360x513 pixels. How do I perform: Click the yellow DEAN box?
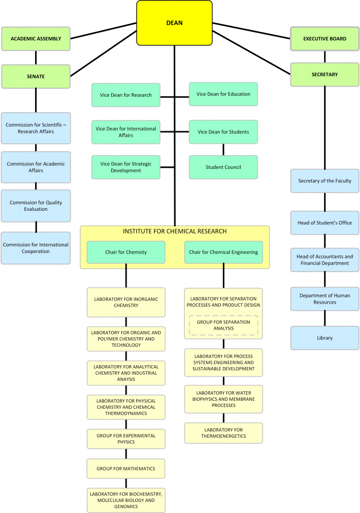(174, 23)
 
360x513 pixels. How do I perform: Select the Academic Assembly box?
(36, 39)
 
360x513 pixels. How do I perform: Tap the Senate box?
(36, 76)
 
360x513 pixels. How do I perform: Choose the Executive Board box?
(324, 39)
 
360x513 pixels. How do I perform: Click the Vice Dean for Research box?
(126, 95)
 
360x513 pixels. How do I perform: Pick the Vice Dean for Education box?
(223, 94)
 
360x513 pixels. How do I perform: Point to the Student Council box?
(223, 167)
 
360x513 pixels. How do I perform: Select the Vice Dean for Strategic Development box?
(126, 167)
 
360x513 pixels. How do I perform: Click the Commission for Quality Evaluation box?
(36, 206)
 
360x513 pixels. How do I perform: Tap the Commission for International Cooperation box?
(36, 248)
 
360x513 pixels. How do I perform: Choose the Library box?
(324, 338)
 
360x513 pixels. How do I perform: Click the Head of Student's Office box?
(324, 223)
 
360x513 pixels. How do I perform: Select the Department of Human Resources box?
(324, 299)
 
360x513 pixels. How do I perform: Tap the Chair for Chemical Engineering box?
(224, 252)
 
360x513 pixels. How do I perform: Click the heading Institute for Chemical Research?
(175, 231)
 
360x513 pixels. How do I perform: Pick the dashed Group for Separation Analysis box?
(224, 325)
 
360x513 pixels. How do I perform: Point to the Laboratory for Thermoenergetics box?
(224, 433)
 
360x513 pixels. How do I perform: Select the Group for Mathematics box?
(126, 468)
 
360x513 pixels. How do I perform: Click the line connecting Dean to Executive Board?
(251, 31)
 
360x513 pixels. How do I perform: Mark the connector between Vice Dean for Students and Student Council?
(223, 149)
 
